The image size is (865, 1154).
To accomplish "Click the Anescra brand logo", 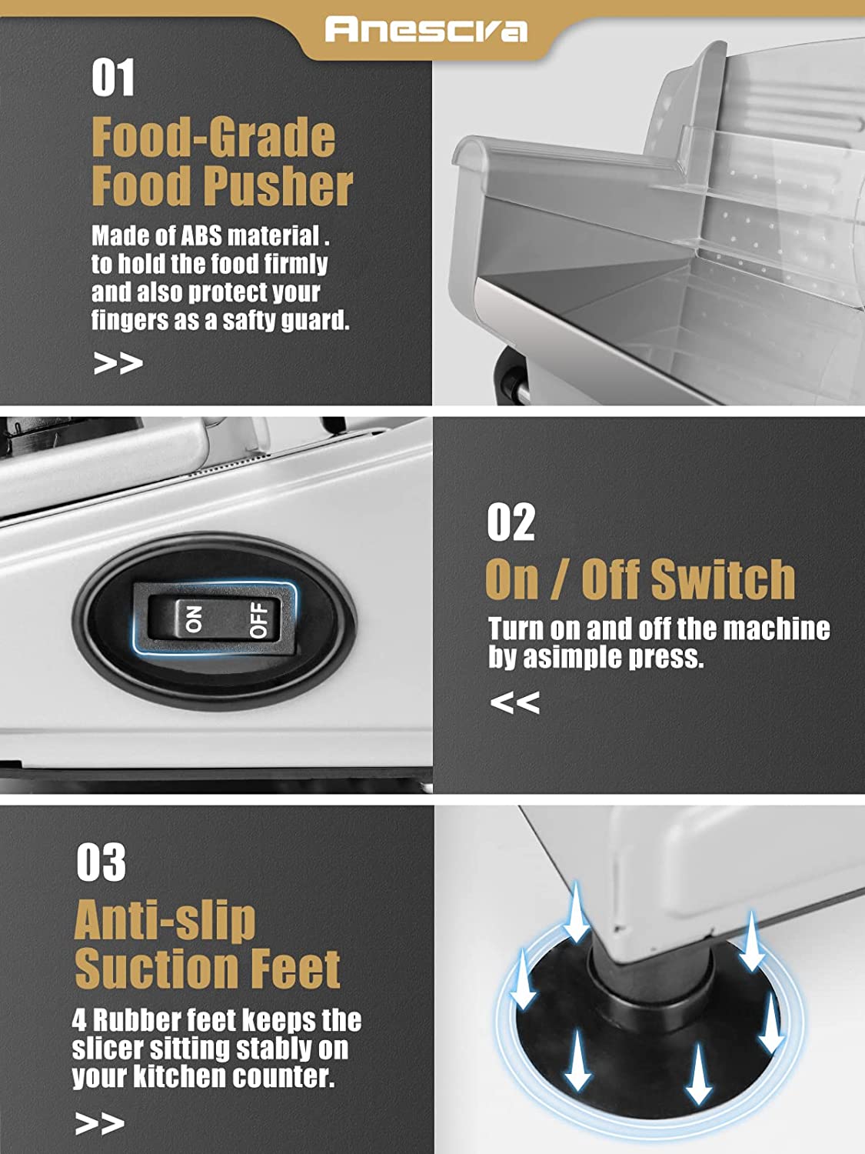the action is (426, 29).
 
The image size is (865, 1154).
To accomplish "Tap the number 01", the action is (113, 77).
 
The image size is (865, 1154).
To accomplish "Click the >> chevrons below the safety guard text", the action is (118, 363).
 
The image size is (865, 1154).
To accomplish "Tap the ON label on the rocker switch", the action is (193, 619).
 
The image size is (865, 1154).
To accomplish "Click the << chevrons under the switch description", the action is (514, 702).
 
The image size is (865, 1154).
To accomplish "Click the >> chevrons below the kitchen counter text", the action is (100, 1123).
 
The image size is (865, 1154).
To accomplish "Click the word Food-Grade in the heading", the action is (213, 137).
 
